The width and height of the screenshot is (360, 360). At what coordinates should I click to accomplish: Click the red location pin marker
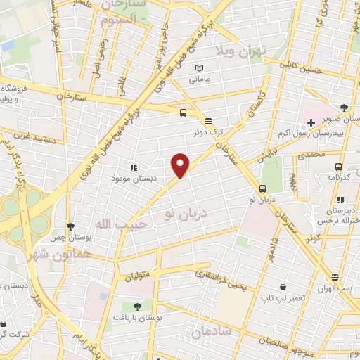[181, 165]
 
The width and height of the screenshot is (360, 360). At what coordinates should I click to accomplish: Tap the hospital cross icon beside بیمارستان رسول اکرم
[311, 122]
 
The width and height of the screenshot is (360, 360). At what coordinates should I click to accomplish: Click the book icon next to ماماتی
[200, 67]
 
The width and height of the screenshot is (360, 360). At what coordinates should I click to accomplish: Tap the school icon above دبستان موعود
[133, 167]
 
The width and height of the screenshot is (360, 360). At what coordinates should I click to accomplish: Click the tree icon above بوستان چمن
[70, 226]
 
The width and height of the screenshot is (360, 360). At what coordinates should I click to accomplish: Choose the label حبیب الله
[112, 224]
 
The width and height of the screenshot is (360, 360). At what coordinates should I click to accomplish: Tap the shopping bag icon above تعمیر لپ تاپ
[282, 287]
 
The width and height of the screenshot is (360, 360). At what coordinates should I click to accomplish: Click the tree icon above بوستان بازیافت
[136, 307]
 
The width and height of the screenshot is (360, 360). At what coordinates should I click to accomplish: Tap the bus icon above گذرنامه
[339, 167]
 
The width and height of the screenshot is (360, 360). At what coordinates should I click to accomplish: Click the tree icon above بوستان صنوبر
[343, 108]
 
